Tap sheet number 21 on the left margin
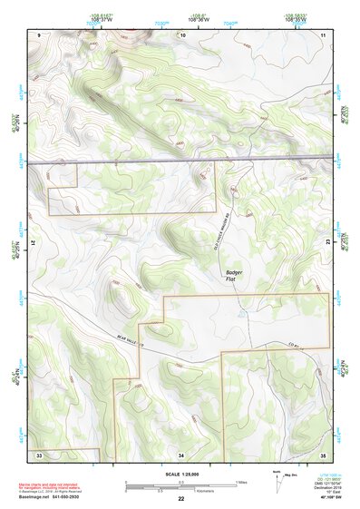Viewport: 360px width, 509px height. point(34,243)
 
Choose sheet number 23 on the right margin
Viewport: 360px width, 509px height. point(328,243)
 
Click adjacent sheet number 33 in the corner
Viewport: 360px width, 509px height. point(39,454)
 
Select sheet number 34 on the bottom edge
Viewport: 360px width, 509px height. point(181,454)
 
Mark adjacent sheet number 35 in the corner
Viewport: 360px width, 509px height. point(323,454)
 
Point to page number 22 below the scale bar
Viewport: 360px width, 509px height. point(181,498)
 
